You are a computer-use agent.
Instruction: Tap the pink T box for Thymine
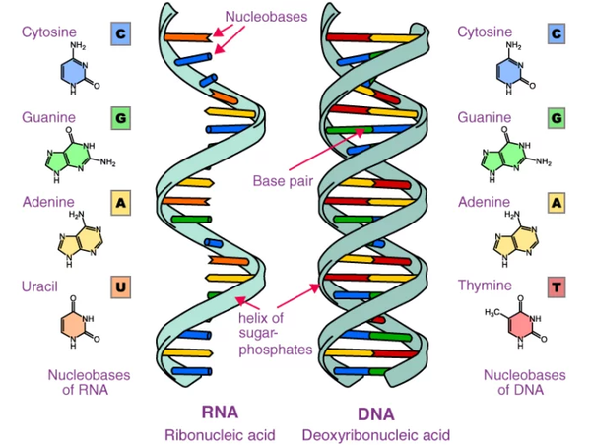[x=557, y=287]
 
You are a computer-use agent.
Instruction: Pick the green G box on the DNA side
[x=557, y=119]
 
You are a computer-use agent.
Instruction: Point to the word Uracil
[x=40, y=286]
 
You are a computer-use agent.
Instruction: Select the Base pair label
[x=283, y=181]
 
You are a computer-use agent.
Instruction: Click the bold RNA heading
[x=219, y=412]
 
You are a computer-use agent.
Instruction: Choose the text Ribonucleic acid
[x=219, y=434]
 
